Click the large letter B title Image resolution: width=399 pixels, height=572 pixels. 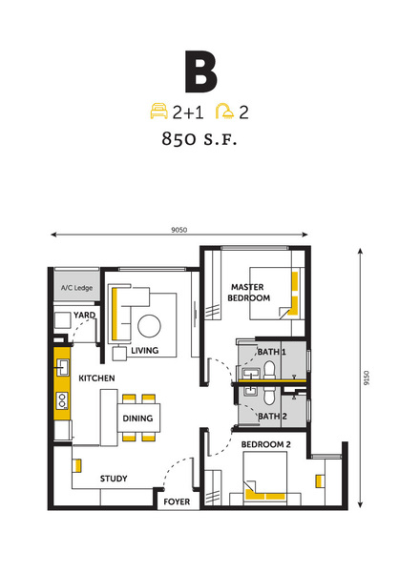[x=200, y=71]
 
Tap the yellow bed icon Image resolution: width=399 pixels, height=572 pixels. [x=159, y=112]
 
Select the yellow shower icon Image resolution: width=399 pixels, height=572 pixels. [x=224, y=112]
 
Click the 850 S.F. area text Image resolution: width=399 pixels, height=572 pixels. [x=199, y=139]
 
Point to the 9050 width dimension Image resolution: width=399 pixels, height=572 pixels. [x=179, y=230]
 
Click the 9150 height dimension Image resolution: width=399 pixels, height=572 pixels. [x=367, y=378]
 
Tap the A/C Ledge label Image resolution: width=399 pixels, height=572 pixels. [x=76, y=288]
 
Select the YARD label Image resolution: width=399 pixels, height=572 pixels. [x=84, y=315]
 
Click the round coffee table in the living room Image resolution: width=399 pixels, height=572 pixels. [x=149, y=326]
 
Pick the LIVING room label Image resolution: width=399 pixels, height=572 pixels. [x=145, y=351]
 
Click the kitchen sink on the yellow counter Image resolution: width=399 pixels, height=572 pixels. [x=62, y=367]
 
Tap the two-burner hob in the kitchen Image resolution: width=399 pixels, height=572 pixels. [x=62, y=400]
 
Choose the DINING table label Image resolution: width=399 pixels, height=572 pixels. [x=137, y=419]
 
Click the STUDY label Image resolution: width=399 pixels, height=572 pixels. [x=114, y=479]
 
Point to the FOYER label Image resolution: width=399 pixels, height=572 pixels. [x=177, y=502]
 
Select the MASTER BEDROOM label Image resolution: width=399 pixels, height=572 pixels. [x=248, y=293]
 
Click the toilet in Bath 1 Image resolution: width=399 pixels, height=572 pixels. [x=269, y=369]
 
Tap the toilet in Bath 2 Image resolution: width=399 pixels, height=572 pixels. [x=269, y=395]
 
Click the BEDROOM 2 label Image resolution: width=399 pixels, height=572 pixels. [x=265, y=444]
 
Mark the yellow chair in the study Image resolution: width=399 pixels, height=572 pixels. [x=77, y=466]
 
